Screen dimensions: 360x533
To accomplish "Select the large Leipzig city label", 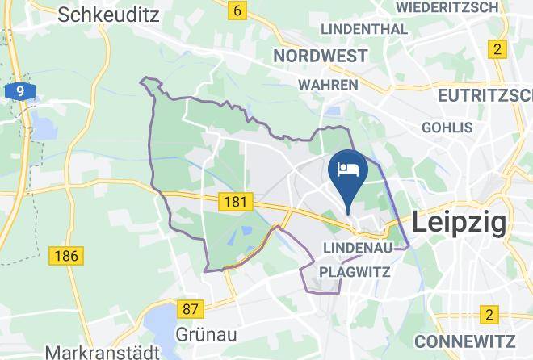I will point(459,221).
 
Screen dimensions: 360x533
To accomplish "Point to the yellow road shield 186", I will point(65,257).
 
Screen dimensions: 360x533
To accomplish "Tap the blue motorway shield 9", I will point(19,91).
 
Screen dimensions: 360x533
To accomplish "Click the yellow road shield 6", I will point(237,10).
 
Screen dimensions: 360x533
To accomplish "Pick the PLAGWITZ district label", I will point(355,272).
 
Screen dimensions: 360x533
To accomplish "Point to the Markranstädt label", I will point(101,353).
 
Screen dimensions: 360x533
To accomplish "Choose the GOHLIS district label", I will point(447,128).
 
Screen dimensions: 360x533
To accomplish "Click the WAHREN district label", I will point(328,84).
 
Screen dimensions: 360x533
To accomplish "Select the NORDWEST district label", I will point(320,56).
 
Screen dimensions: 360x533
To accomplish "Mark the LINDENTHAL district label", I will point(364,29).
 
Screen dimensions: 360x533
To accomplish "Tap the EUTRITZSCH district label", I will point(485,95).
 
